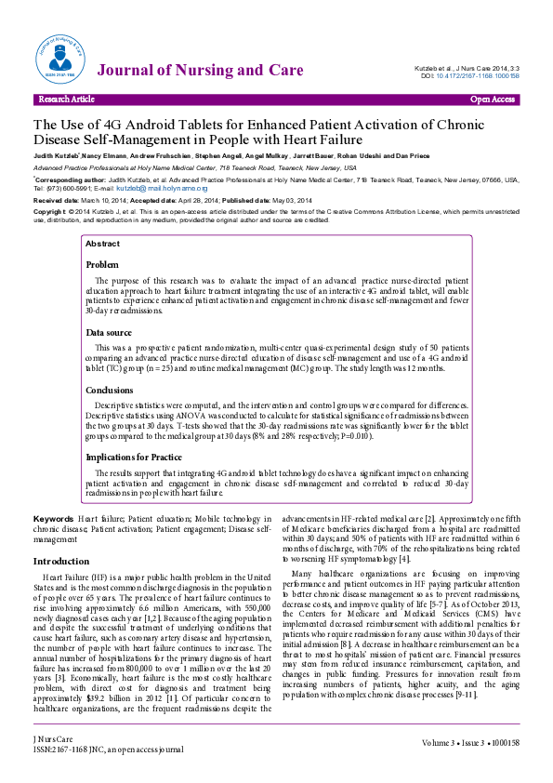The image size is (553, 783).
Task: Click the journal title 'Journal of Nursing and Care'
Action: click(200, 71)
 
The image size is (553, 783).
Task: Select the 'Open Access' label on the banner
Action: click(493, 99)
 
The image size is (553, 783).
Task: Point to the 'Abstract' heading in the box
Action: click(102, 244)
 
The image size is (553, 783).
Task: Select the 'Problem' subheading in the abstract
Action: click(102, 265)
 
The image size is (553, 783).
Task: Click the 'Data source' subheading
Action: click(109, 332)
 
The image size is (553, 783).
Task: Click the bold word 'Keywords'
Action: click(54, 517)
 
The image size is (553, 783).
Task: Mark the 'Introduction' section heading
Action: click(61, 562)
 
